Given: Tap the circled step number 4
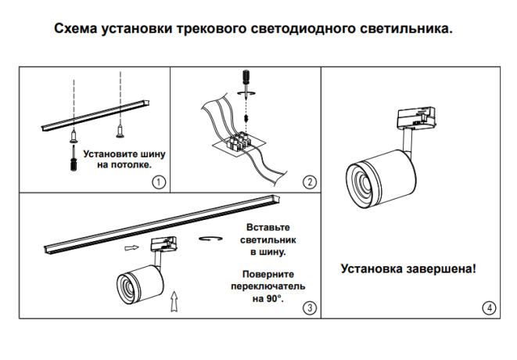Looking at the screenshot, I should pyautogui.click(x=490, y=308).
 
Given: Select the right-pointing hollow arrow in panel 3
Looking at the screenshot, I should pyautogui.click(x=131, y=248).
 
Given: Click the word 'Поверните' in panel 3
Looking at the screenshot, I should pyautogui.click(x=268, y=275).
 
